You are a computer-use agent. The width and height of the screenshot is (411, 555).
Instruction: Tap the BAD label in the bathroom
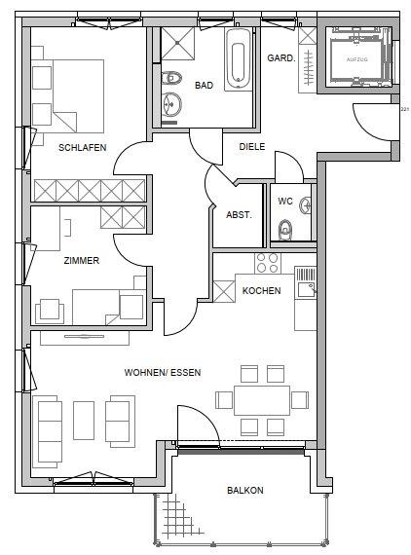(x=204, y=86)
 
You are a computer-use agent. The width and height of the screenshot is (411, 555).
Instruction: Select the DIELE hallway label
(x=252, y=147)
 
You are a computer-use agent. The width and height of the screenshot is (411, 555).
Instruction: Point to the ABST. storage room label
(x=239, y=215)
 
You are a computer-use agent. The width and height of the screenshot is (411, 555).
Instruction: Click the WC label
(x=284, y=202)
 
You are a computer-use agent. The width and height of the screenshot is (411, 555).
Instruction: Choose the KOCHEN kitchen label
(x=261, y=290)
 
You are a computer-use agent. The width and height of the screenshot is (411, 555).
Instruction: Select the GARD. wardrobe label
(x=280, y=58)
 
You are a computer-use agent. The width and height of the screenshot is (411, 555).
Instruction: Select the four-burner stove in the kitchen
(x=267, y=263)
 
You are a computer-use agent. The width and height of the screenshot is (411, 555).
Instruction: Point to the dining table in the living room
(x=261, y=398)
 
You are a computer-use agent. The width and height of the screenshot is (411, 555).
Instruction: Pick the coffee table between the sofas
(x=83, y=418)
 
